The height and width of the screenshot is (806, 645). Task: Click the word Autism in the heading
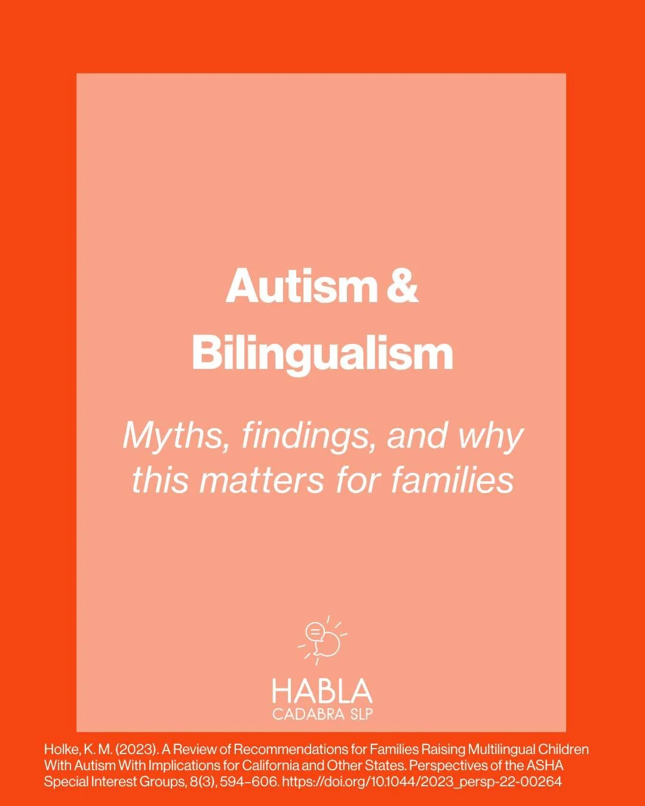coord(300,286)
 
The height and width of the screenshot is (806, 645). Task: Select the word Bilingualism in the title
coord(322,353)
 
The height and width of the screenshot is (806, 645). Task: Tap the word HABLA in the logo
coord(322,691)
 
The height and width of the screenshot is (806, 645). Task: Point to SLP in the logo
coord(360,714)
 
